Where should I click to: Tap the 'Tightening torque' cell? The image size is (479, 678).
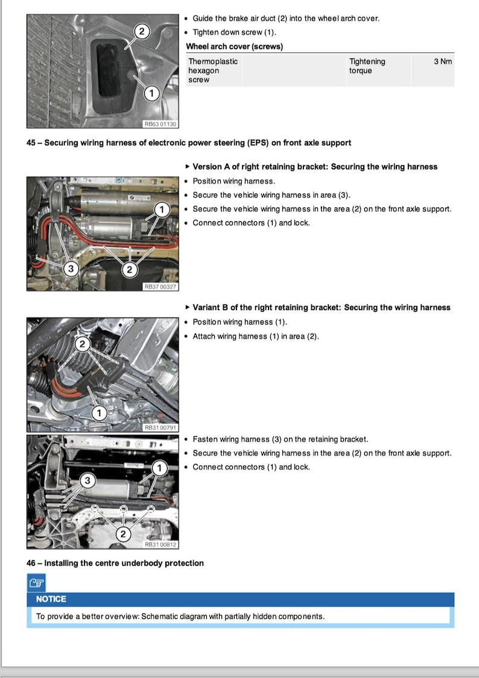[x=367, y=66]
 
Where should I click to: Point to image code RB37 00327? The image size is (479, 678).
[x=160, y=287]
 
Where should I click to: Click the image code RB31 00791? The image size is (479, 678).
[x=160, y=428]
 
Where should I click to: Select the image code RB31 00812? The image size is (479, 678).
[x=160, y=545]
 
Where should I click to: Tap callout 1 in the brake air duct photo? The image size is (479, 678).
[x=151, y=93]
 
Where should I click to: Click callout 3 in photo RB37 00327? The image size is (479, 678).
[x=71, y=269]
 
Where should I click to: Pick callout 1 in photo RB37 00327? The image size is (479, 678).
[x=161, y=209]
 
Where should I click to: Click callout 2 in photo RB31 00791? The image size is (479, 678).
[x=82, y=344]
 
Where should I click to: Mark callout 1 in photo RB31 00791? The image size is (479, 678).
[x=100, y=413]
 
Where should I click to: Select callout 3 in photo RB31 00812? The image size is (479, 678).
[x=87, y=481]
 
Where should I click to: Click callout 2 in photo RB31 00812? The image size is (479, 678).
[x=123, y=534]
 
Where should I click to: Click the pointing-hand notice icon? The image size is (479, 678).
[x=36, y=583]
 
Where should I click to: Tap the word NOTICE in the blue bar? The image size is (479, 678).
[x=51, y=599]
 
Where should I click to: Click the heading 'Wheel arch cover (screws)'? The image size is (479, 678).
[x=234, y=46]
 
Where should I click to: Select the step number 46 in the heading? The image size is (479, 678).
[x=31, y=563]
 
